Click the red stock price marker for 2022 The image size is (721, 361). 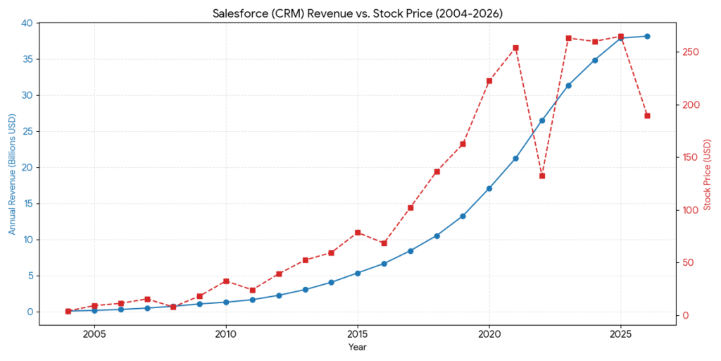point(542,176)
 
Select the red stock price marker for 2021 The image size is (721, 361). point(515,48)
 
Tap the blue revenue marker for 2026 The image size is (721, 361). point(647,36)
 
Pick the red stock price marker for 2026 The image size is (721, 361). point(647,116)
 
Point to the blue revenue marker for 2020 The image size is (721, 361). point(489,188)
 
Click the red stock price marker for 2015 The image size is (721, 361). point(358,233)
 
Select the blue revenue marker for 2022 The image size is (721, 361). point(542,121)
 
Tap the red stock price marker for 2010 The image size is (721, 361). point(226,281)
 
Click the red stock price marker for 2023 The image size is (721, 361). point(568,38)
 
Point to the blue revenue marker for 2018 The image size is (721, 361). point(437,235)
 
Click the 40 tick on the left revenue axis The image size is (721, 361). point(27,23)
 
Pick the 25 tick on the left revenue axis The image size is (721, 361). point(27,132)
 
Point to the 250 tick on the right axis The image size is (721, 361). point(691,52)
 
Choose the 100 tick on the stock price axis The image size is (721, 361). point(691,210)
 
